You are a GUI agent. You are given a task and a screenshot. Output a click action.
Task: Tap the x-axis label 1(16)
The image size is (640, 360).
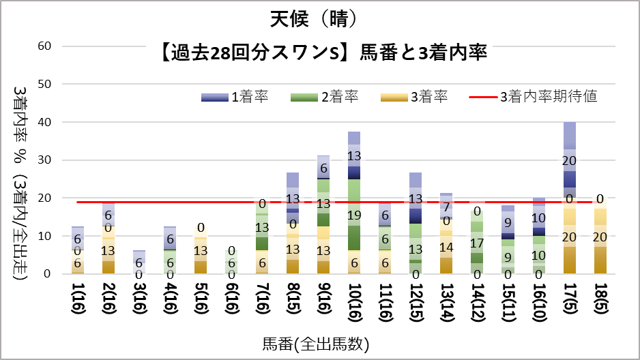click(78, 299)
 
